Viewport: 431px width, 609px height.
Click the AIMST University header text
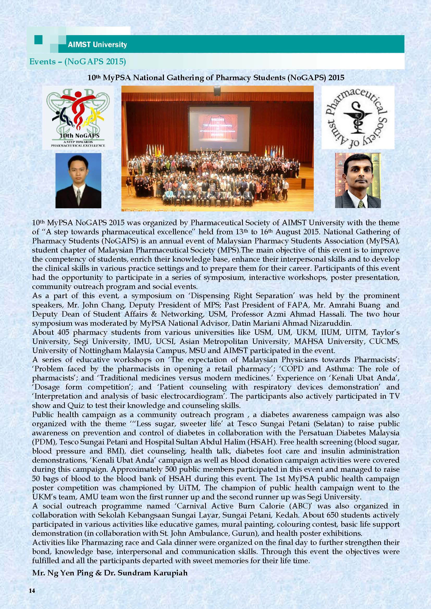tap(97, 44)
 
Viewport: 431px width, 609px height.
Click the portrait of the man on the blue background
tap(78, 180)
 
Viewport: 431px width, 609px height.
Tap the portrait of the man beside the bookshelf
tap(358, 180)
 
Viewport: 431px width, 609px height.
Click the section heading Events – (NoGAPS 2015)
tap(77, 61)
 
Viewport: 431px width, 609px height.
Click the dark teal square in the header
tap(39, 40)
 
